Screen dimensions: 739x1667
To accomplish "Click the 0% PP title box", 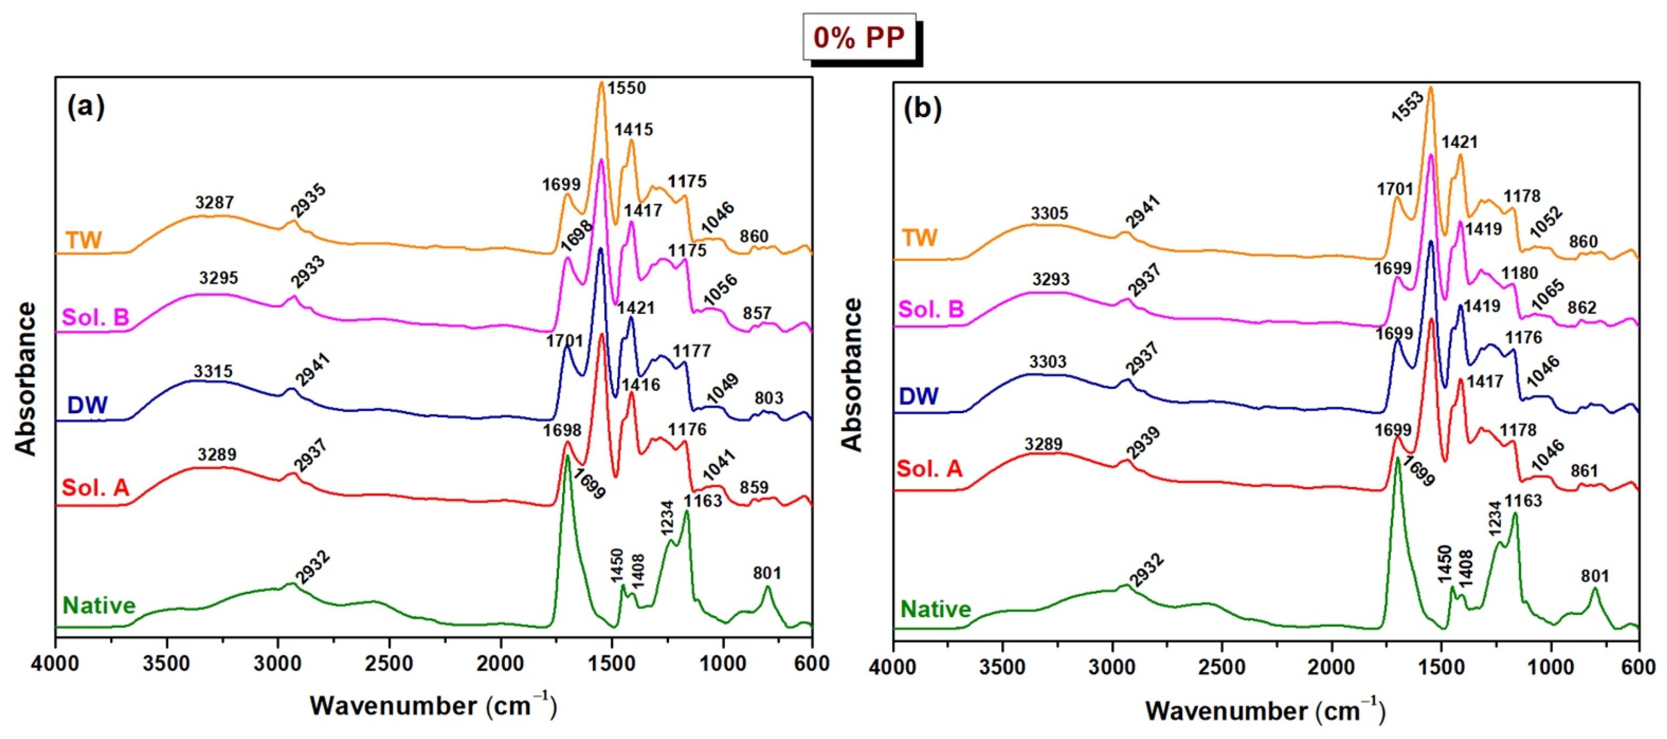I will [859, 38].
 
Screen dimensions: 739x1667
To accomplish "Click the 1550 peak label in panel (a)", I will [626, 87].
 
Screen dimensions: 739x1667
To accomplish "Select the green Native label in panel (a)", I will [99, 606].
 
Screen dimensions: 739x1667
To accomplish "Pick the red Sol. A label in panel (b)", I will [930, 469].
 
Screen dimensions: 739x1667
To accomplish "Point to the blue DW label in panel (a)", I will [87, 405].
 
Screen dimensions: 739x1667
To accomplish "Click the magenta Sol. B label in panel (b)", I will [931, 309].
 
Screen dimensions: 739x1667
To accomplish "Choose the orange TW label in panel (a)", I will [84, 241].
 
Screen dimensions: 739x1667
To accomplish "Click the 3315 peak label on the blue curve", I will [213, 372].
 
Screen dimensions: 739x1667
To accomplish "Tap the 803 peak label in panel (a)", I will [768, 398].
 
